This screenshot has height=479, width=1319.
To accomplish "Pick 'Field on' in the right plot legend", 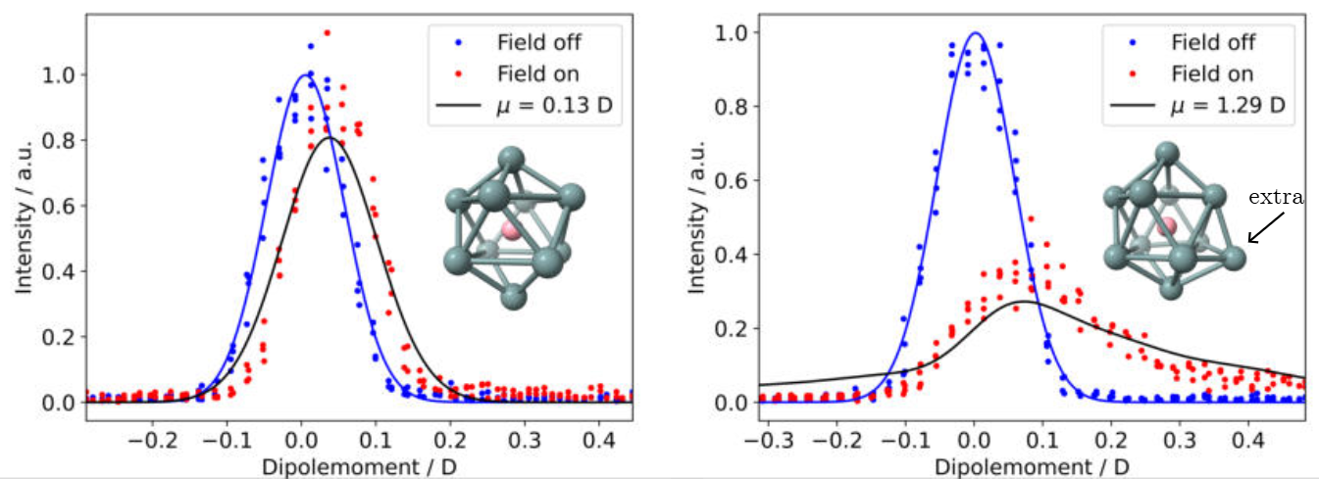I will tap(1209, 73).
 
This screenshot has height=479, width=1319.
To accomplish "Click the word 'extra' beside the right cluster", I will tap(1275, 198).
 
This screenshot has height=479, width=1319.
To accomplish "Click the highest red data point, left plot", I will tap(327, 32).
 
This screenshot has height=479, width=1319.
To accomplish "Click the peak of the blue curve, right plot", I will tap(975, 32).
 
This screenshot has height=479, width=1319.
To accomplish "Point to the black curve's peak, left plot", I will tap(330, 137).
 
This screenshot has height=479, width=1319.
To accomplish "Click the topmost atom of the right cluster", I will tap(1166, 152).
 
